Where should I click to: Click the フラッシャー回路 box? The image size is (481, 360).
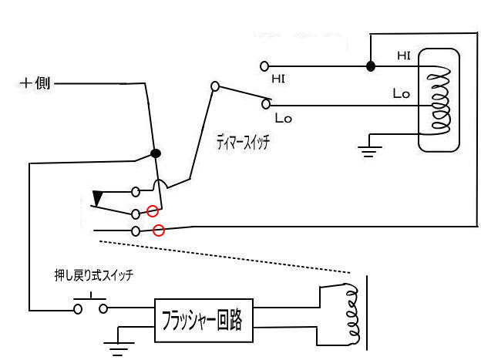click(x=205, y=318)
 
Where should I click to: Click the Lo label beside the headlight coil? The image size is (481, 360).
click(x=401, y=94)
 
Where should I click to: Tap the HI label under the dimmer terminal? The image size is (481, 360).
click(x=278, y=79)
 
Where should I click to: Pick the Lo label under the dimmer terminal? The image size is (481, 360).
click(x=282, y=118)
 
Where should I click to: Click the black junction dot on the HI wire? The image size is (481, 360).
click(x=371, y=66)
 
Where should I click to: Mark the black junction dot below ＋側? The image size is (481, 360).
click(x=156, y=153)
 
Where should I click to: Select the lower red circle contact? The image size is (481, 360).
click(x=159, y=230)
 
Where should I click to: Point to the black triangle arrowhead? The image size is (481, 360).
click(x=98, y=199)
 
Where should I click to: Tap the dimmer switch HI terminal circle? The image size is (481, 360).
click(x=264, y=66)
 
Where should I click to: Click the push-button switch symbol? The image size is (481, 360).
click(x=91, y=307)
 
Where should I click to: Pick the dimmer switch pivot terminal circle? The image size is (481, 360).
click(x=215, y=86)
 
